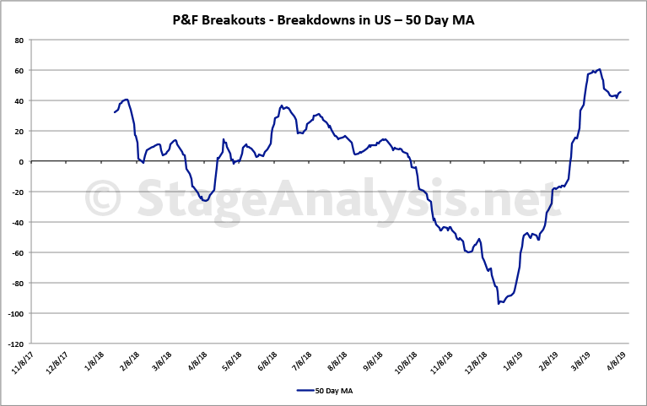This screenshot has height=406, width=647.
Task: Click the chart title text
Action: click(323, 19)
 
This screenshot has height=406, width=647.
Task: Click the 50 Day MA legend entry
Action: click(324, 390)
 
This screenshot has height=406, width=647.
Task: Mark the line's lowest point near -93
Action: click(499, 303)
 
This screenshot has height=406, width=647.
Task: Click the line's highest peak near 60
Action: click(598, 69)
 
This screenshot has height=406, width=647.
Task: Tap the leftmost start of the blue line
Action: click(114, 112)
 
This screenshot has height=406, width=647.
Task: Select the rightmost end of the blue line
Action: click(620, 92)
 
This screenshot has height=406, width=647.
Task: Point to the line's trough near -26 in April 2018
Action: click(206, 201)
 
